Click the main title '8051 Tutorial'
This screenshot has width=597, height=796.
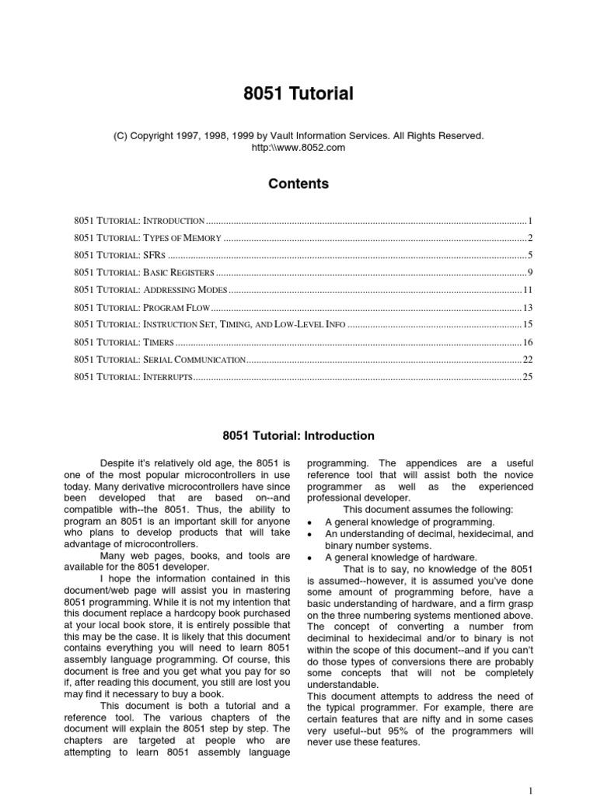(x=298, y=94)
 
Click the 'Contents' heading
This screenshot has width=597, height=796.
(x=298, y=184)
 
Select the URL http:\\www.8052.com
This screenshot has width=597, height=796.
(x=298, y=147)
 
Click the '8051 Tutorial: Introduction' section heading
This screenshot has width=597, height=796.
(x=298, y=436)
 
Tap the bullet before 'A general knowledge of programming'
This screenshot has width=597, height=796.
(x=311, y=522)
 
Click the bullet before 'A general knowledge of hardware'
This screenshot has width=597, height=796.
(x=311, y=558)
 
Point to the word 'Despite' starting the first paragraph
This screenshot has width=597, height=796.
(x=117, y=464)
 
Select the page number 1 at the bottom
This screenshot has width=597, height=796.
(x=530, y=790)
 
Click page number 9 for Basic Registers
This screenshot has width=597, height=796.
(x=529, y=273)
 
